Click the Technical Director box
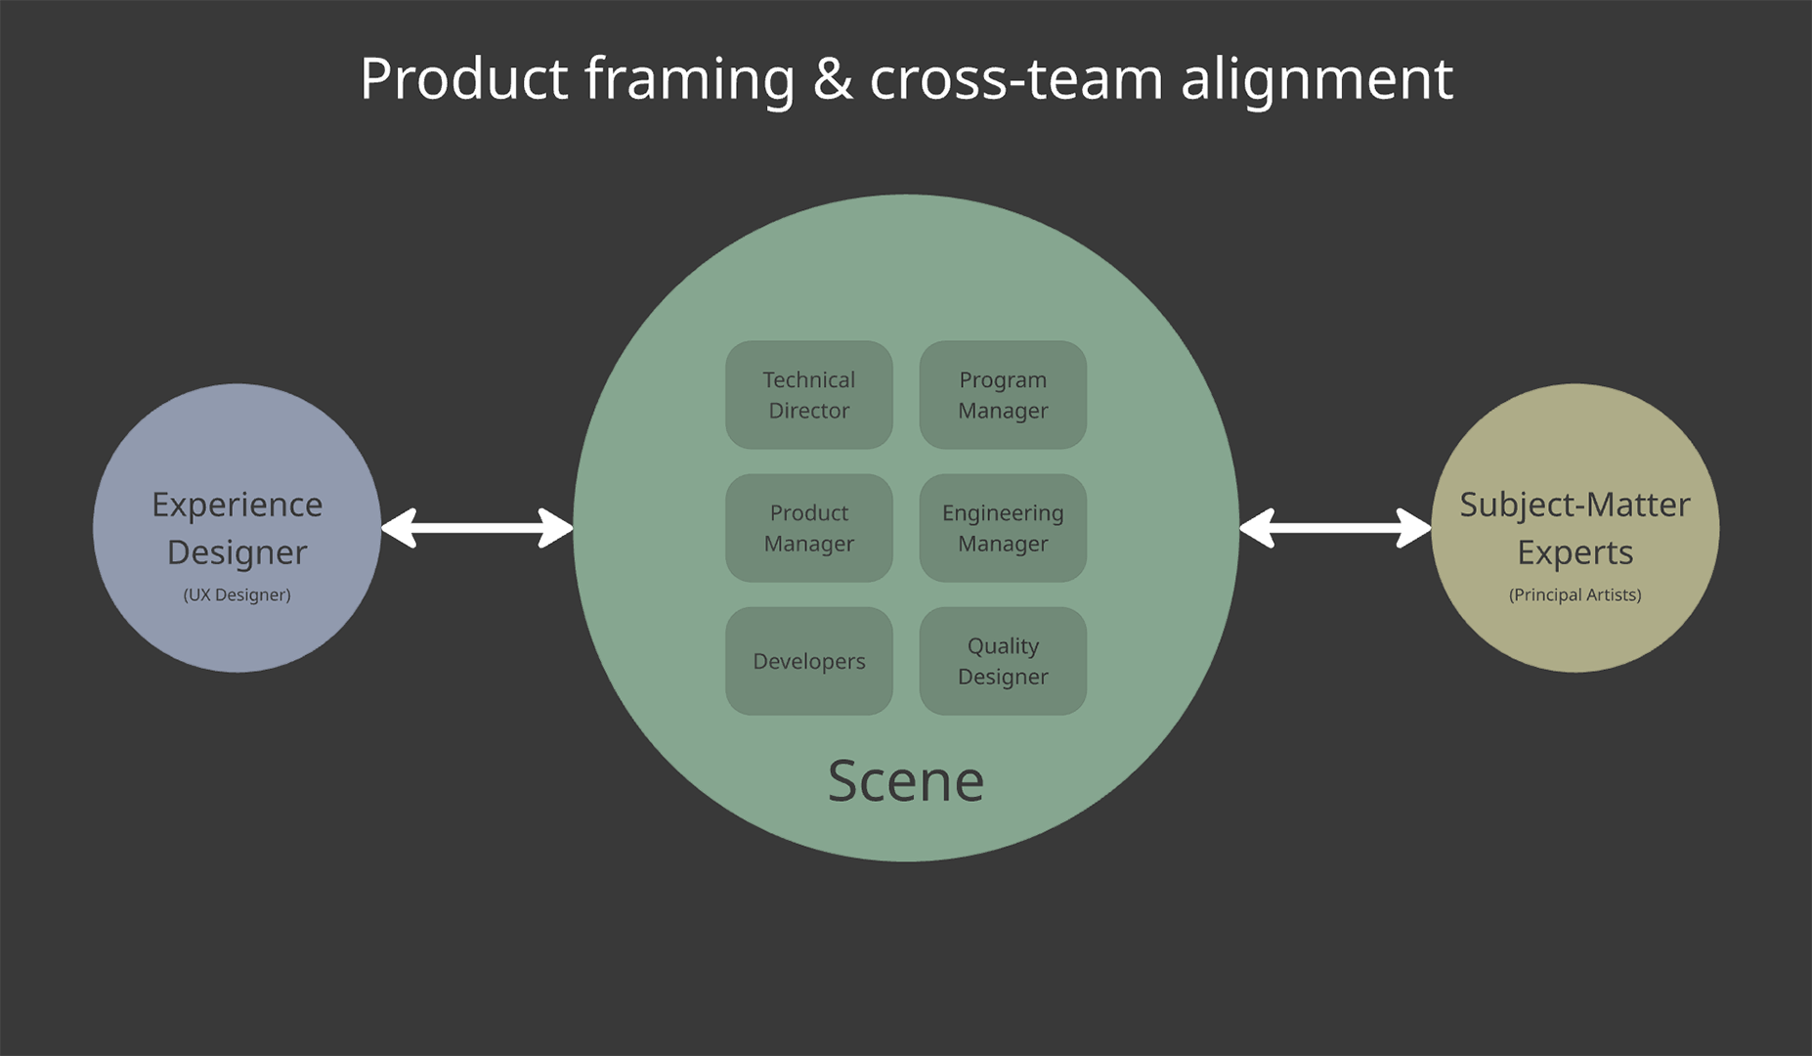click(808, 395)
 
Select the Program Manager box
click(1003, 395)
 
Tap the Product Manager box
click(808, 528)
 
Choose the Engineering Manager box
click(1003, 528)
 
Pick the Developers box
click(808, 661)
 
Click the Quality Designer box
click(1003, 661)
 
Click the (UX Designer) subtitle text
click(237, 594)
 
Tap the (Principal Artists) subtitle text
click(1575, 594)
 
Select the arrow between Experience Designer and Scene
click(477, 528)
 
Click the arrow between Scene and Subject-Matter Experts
click(1335, 528)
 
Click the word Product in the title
click(463, 78)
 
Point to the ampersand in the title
click(833, 78)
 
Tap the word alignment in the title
click(1316, 78)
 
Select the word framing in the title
click(689, 78)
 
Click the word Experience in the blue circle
click(237, 505)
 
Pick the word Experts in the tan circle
click(1575, 552)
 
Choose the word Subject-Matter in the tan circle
click(1575, 505)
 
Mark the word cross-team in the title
click(1015, 78)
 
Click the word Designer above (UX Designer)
click(237, 552)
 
